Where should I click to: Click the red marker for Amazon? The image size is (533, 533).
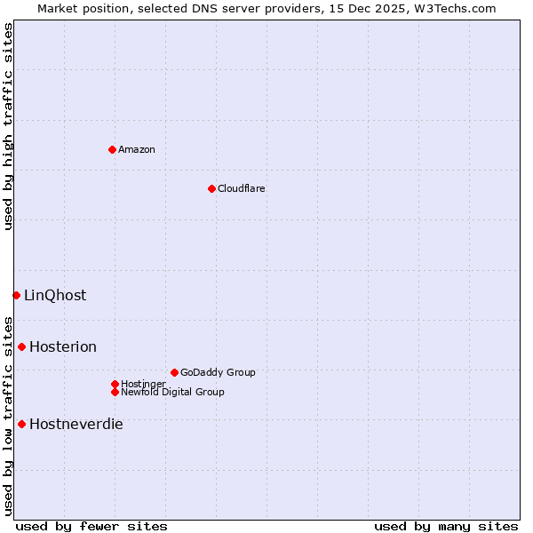(112, 149)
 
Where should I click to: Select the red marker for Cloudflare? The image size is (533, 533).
(211, 188)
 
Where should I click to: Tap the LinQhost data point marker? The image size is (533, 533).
(16, 295)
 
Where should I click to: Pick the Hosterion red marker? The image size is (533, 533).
(21, 346)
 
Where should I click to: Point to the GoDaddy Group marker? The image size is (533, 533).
(174, 372)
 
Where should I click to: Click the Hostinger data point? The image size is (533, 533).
(115, 384)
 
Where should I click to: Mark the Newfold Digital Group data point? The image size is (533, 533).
(115, 392)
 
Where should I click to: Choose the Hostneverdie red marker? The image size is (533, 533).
(21, 424)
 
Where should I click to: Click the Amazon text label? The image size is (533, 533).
(137, 149)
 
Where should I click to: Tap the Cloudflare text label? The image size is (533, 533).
(242, 188)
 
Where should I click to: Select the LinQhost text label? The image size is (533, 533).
(55, 295)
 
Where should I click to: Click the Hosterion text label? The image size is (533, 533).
(63, 346)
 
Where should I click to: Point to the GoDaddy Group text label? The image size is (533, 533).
(218, 372)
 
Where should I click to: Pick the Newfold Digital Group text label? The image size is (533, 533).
(172, 392)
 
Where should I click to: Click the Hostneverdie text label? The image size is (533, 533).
(76, 424)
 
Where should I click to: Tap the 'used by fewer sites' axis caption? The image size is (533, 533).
(91, 526)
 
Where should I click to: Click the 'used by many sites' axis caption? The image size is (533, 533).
(446, 526)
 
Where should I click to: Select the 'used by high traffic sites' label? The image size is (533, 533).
(9, 126)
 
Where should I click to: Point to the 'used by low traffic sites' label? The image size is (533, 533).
(9, 415)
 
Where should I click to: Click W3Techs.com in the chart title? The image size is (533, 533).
(451, 8)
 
